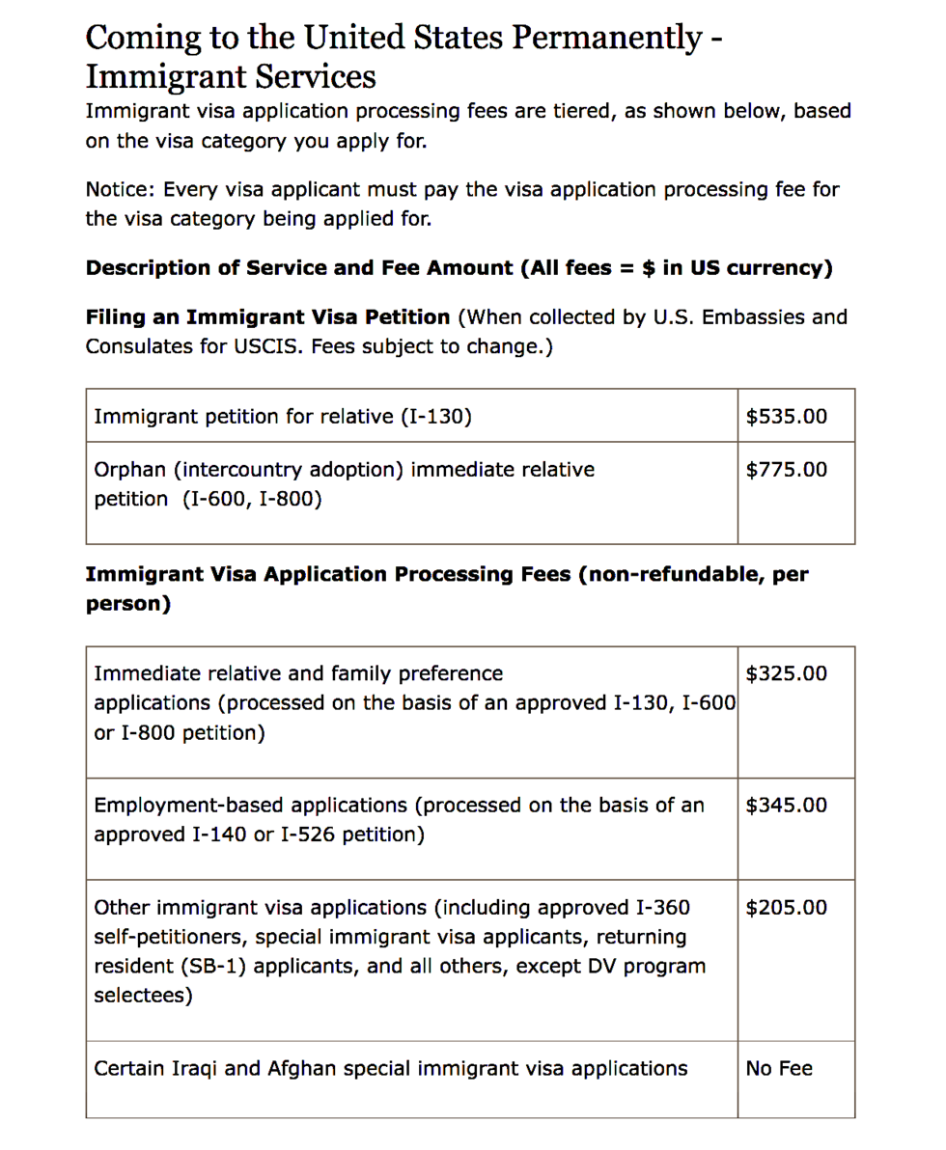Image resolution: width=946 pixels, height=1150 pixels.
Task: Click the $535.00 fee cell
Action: pyautogui.click(x=787, y=417)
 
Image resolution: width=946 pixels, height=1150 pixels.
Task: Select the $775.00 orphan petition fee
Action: pyautogui.click(x=787, y=470)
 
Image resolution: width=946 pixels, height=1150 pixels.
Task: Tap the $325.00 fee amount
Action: pyautogui.click(x=787, y=673)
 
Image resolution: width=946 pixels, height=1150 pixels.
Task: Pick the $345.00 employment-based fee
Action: pyautogui.click(x=787, y=805)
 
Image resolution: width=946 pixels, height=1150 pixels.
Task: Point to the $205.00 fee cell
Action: pyautogui.click(x=787, y=908)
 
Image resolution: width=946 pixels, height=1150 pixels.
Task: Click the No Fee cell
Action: pyautogui.click(x=779, y=1069)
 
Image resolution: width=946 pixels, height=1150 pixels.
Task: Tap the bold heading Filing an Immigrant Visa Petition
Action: pyautogui.click(x=267, y=317)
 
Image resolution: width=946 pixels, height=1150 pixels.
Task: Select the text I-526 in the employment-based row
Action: pyautogui.click(x=307, y=834)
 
